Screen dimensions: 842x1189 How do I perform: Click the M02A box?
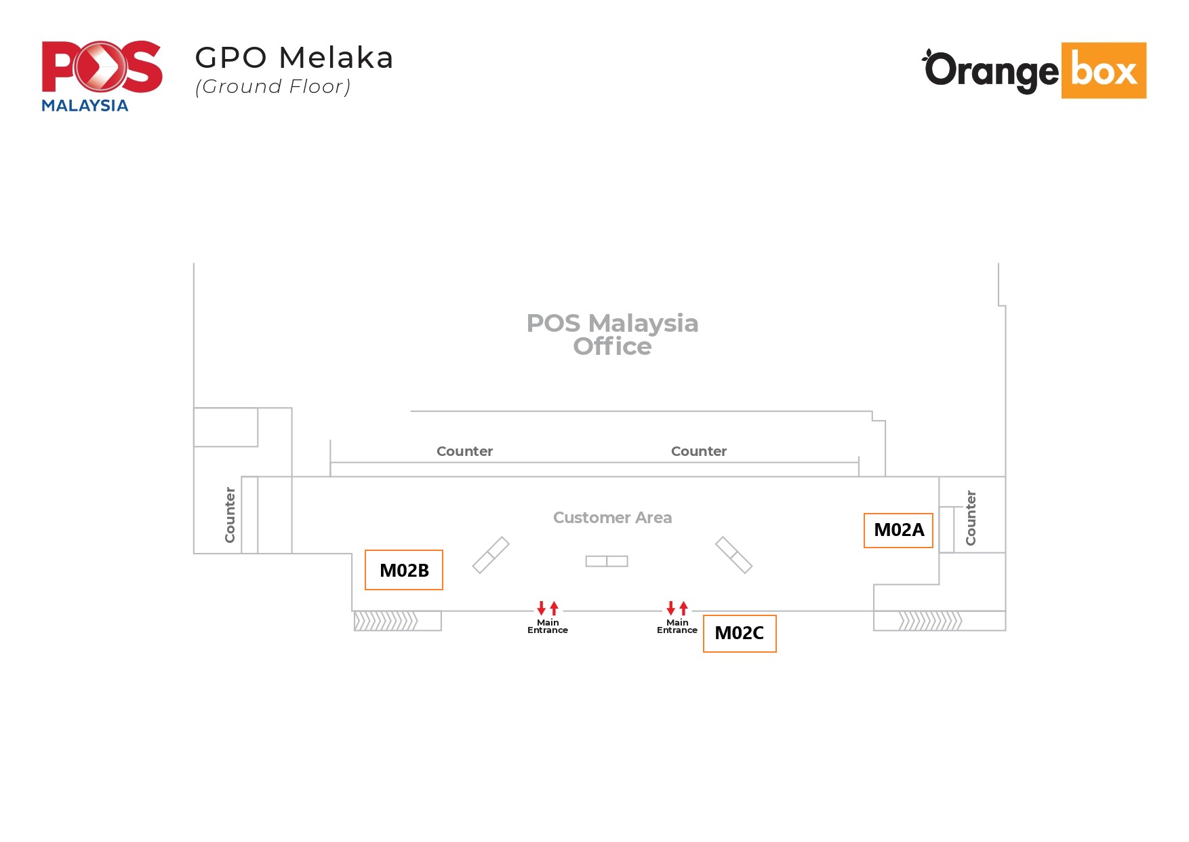tap(898, 531)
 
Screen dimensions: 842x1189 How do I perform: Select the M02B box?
tap(404, 570)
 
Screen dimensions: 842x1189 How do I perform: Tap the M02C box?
tap(740, 634)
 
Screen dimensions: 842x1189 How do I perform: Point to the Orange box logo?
tap(1034, 71)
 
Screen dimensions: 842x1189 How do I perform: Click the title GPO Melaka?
tap(294, 58)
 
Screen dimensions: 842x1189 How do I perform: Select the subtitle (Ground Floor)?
tap(273, 87)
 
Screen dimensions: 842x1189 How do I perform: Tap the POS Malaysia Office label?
tap(612, 334)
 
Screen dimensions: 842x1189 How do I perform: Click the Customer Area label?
tap(612, 518)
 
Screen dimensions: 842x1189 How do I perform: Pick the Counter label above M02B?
tap(464, 451)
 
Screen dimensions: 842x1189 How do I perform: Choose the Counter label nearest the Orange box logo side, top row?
tap(698, 451)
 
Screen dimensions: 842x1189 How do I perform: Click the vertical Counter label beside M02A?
tap(971, 518)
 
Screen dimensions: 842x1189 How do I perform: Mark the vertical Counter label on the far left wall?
tap(230, 514)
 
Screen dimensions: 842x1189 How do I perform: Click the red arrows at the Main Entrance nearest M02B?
tap(548, 607)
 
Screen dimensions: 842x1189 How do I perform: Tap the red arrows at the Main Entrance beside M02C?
tap(677, 607)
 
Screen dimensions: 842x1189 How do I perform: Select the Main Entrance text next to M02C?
tap(677, 626)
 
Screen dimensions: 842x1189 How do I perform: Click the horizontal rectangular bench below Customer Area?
tap(607, 561)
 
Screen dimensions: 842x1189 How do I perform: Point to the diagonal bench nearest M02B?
tap(491, 555)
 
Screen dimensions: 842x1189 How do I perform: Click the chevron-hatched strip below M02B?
tap(386, 621)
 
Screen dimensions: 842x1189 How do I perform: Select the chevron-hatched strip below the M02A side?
tap(930, 621)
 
